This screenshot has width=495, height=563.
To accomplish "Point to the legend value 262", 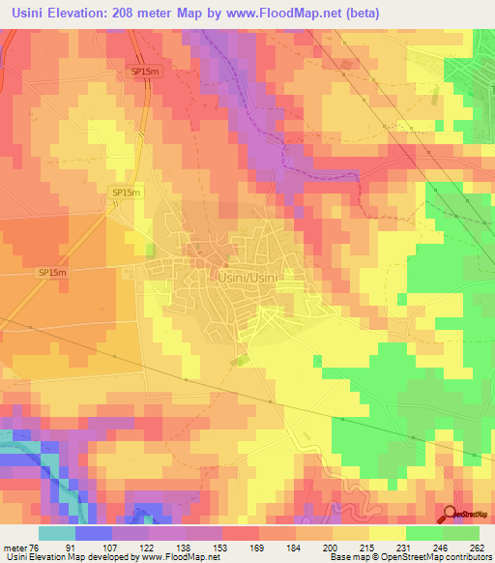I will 476,548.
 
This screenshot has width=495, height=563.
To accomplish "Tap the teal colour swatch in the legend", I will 56,533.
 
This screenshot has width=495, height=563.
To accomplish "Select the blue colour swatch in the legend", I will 93,533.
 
